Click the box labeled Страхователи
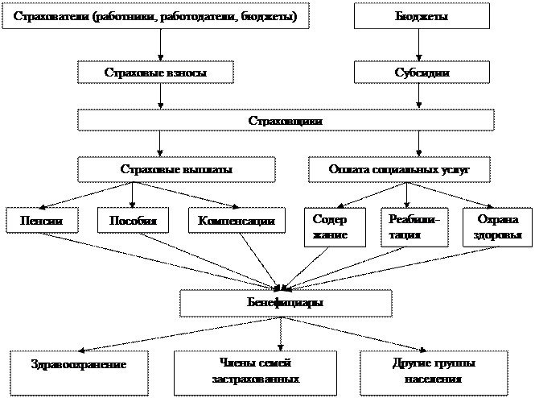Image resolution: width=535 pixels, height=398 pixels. pyautogui.click(x=156, y=17)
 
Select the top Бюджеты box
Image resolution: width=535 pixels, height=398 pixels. pyautogui.click(x=422, y=17)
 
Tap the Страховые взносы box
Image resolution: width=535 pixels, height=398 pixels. pyautogui.click(x=155, y=73)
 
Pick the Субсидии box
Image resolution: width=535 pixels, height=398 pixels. pyautogui.click(x=422, y=73)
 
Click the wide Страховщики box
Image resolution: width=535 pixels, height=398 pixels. pyautogui.click(x=286, y=121)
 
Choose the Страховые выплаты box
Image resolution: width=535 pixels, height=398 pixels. pyautogui.click(x=176, y=169)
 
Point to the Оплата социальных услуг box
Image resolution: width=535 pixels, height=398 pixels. pyautogui.click(x=399, y=169)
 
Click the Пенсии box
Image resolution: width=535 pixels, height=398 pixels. pyautogui.click(x=43, y=221)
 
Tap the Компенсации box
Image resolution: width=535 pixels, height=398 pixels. pyautogui.click(x=237, y=221)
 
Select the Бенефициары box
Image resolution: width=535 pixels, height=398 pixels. pyautogui.click(x=286, y=303)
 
